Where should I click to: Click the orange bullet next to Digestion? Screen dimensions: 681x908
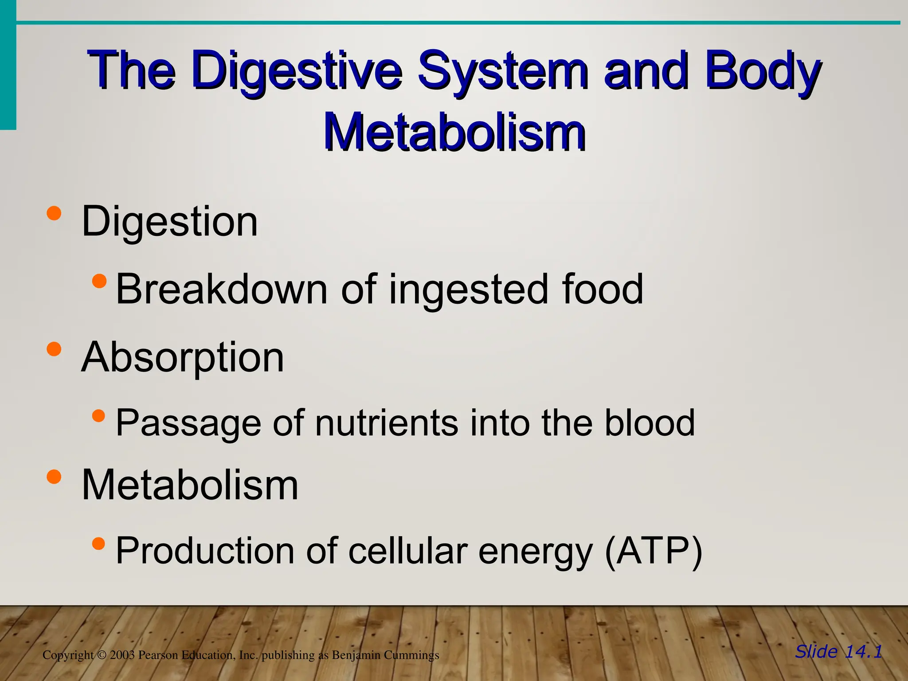click(54, 213)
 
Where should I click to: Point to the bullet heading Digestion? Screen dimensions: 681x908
click(169, 221)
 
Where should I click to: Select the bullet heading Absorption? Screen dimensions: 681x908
click(182, 357)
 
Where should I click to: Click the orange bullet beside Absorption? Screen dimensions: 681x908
click(54, 349)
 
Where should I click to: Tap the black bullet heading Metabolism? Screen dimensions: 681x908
click(190, 485)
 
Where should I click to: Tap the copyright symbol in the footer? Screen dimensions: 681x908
click(102, 655)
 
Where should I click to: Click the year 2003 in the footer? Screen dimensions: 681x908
click(122, 655)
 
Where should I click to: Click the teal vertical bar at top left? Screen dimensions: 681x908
click(8, 67)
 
